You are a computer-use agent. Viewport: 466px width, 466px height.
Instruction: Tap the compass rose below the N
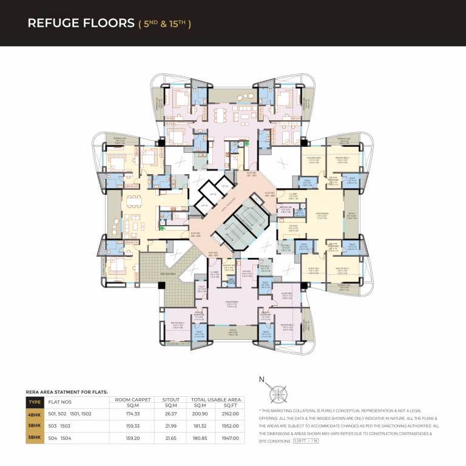click(279, 393)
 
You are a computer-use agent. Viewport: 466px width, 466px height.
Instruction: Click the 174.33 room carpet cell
click(133, 413)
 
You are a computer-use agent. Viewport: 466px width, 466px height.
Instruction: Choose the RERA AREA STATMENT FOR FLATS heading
click(66, 393)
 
